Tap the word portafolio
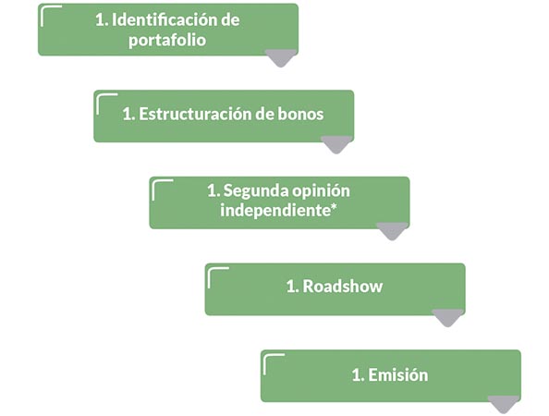click(x=167, y=41)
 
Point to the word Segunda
click(x=255, y=190)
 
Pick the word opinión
click(x=321, y=190)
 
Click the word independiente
click(x=275, y=211)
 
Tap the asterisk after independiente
click(x=334, y=206)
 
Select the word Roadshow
click(x=342, y=286)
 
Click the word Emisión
click(x=397, y=374)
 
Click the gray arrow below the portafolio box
click(x=281, y=58)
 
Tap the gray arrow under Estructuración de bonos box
click(x=336, y=144)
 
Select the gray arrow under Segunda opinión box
click(x=392, y=231)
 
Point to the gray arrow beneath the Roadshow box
click(x=448, y=318)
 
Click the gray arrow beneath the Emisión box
click(x=504, y=405)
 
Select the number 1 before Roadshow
click(x=291, y=287)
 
